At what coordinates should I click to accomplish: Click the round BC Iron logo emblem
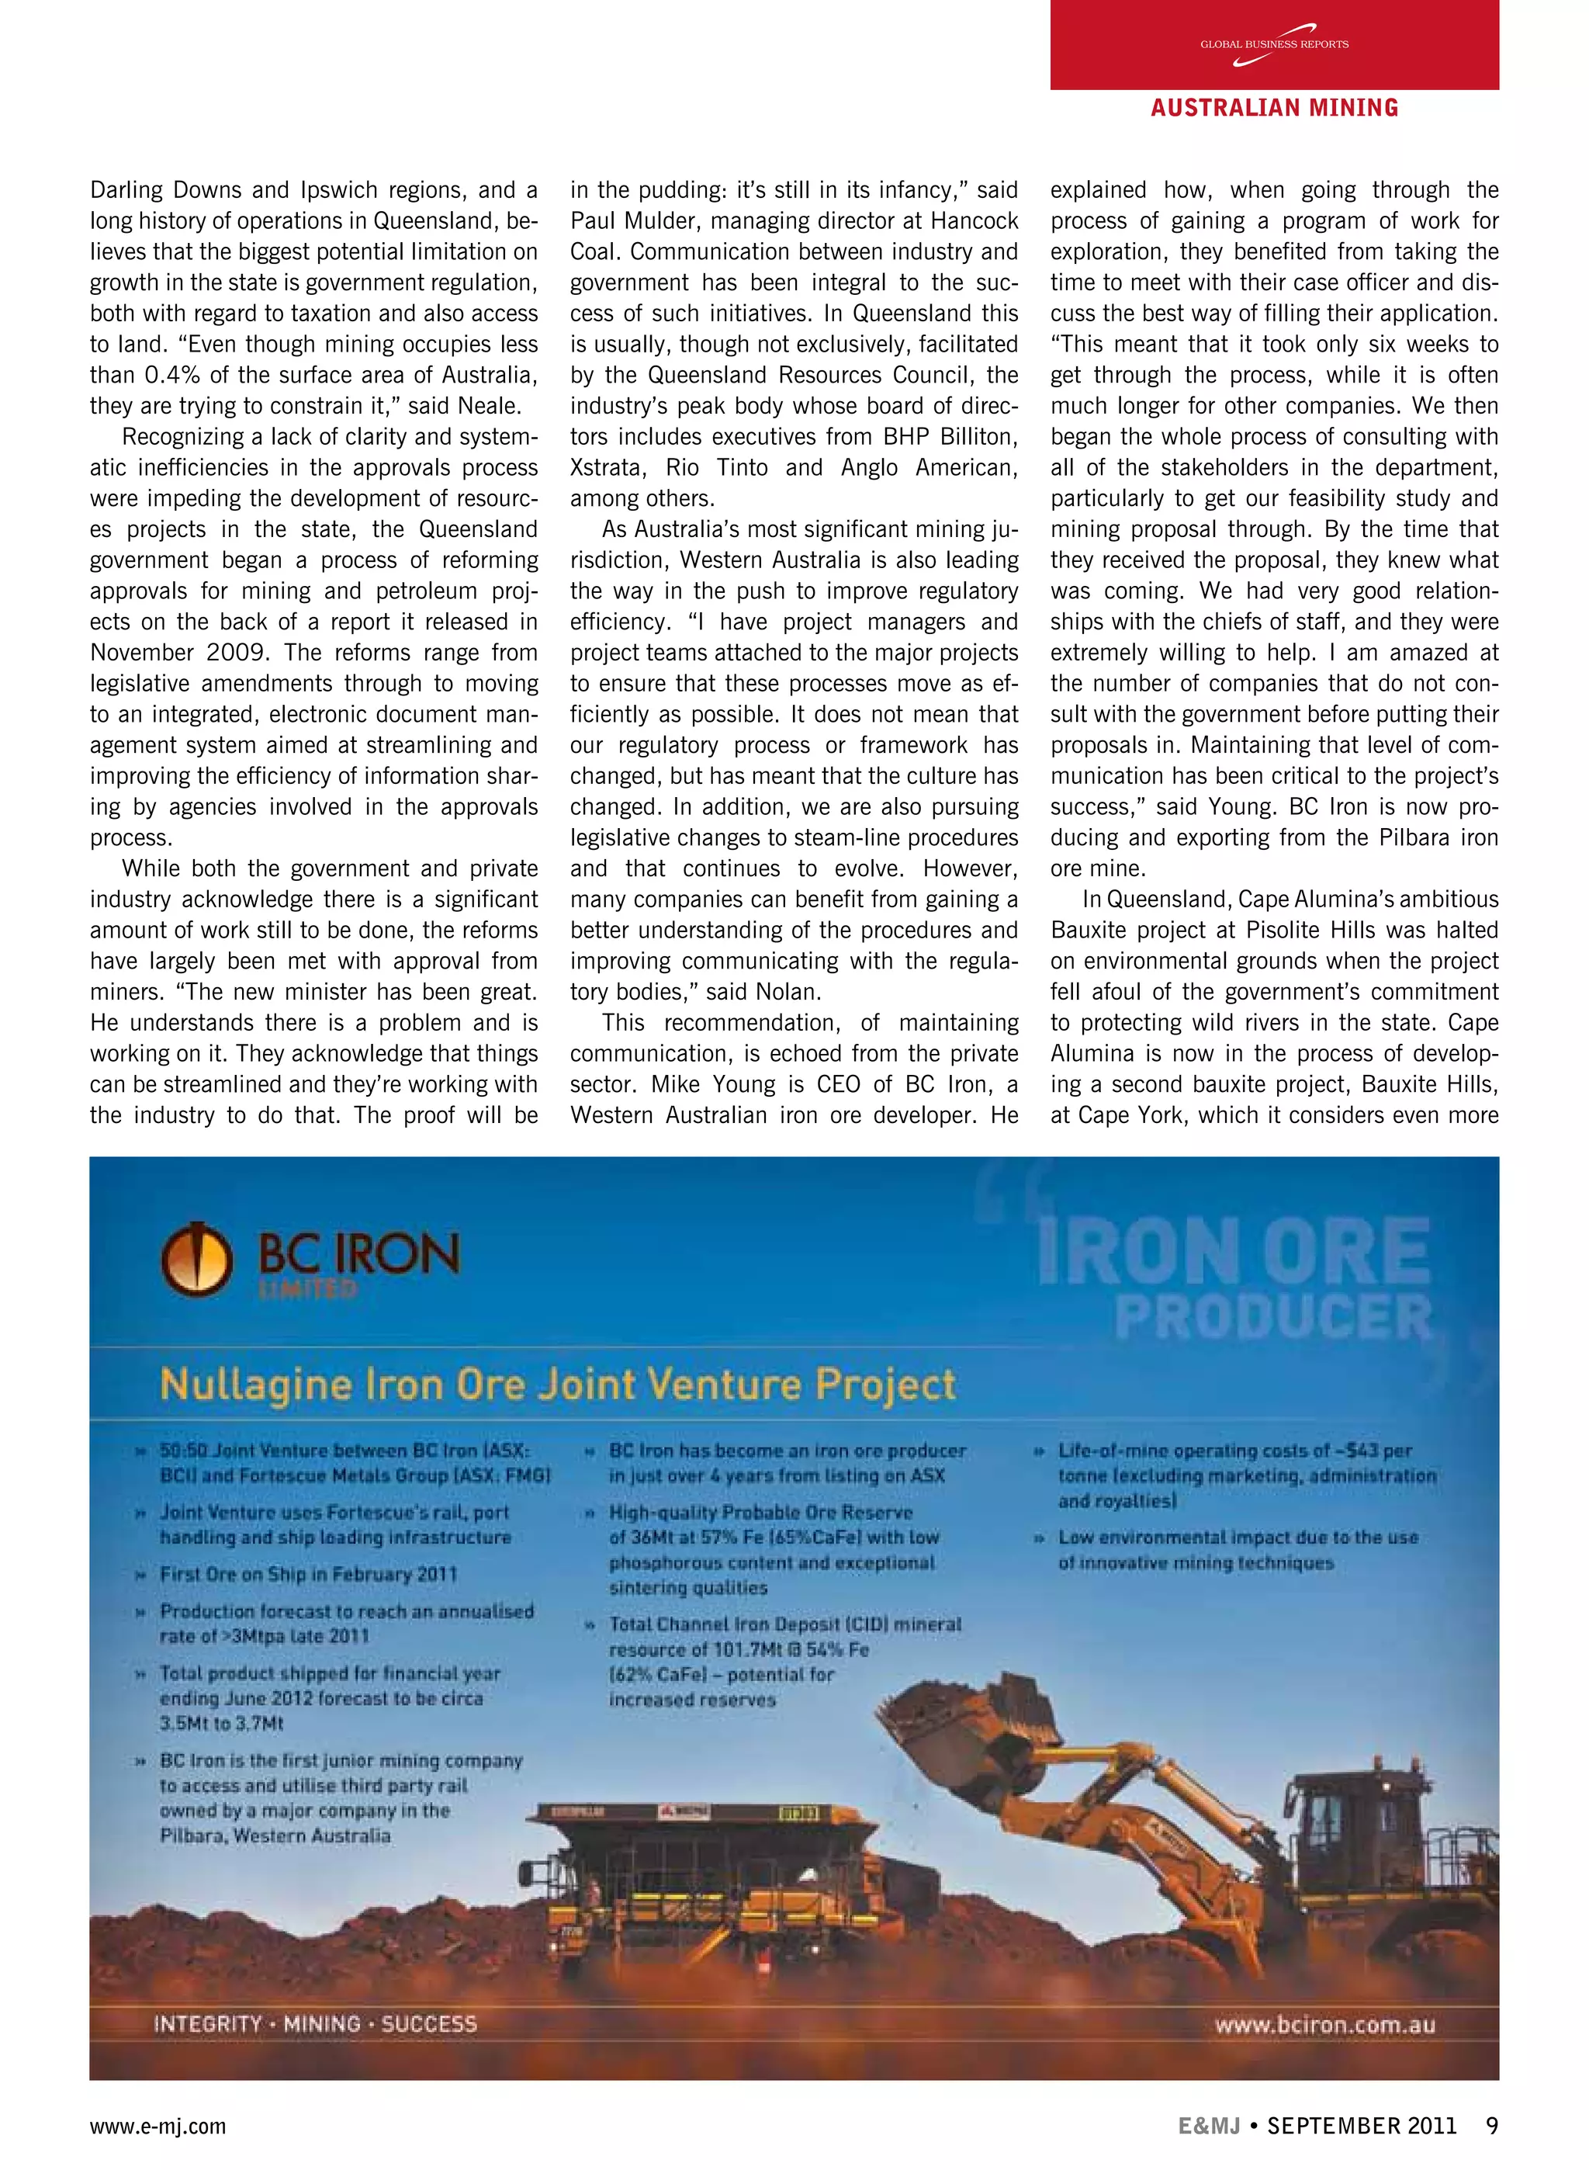point(196,1259)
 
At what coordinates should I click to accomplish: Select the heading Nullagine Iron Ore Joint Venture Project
point(558,1385)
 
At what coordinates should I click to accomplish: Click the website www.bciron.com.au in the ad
point(1324,2025)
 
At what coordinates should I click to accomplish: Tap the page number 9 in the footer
point(1491,2126)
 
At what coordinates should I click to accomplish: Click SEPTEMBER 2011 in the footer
point(1361,2126)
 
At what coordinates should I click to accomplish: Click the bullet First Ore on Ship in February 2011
point(308,1575)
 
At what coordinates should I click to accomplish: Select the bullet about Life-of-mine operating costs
point(1245,1475)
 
